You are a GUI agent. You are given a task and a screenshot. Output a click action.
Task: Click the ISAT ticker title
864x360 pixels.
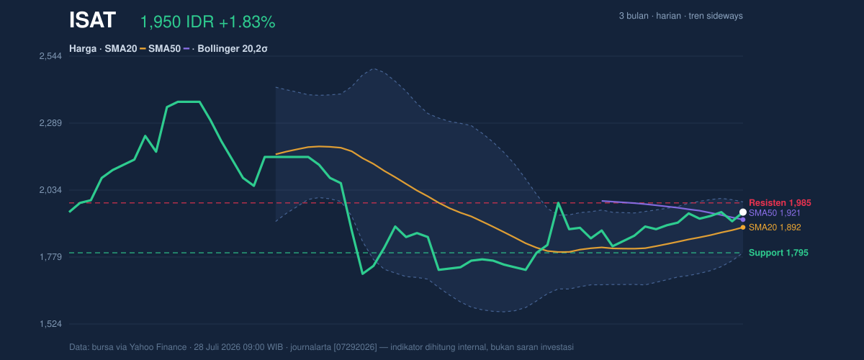pos(92,20)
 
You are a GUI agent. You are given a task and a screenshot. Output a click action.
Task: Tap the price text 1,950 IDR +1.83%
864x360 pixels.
pos(207,22)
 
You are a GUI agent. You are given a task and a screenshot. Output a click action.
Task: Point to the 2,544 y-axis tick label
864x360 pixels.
pos(50,56)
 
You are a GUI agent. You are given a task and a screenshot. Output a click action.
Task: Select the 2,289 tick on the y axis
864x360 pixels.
pos(50,123)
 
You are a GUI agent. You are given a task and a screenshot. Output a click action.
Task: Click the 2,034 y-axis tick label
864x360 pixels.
pos(50,190)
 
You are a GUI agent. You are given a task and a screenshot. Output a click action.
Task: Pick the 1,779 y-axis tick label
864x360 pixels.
pos(50,257)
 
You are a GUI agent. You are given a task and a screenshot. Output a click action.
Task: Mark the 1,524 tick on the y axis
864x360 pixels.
pos(50,324)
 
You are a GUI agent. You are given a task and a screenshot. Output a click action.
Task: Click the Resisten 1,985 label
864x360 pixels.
pos(780,203)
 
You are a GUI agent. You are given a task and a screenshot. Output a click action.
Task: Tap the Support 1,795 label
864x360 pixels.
pos(778,253)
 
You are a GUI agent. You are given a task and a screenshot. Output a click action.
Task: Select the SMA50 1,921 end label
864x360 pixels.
pos(775,213)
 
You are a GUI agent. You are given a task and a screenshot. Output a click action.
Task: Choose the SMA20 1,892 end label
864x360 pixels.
pos(775,228)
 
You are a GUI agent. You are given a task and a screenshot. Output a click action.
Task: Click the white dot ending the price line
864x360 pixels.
pos(743,212)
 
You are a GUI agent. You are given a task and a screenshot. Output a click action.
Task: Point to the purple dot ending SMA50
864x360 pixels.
pos(743,220)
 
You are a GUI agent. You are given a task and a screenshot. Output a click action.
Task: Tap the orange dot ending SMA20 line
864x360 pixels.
pos(743,228)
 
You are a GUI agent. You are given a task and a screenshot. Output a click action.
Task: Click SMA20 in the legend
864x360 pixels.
pos(121,49)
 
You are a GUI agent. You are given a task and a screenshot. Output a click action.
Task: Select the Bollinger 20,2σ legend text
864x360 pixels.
pos(232,49)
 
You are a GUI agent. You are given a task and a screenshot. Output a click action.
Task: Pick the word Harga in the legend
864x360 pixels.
pos(83,49)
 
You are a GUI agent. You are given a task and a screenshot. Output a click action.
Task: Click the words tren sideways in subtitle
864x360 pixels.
pos(716,16)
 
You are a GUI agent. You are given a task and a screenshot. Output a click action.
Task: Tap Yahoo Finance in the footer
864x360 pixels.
pos(158,347)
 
